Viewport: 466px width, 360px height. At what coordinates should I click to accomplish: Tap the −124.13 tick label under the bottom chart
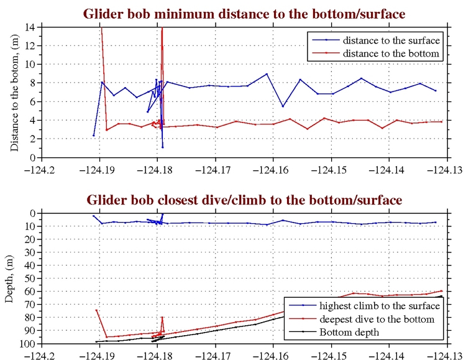click(446, 355)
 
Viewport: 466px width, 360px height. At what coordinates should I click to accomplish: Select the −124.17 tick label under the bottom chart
click(214, 355)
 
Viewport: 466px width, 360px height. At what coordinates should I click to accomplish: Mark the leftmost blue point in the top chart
click(94, 136)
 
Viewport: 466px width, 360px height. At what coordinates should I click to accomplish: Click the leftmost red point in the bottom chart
click(96, 310)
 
